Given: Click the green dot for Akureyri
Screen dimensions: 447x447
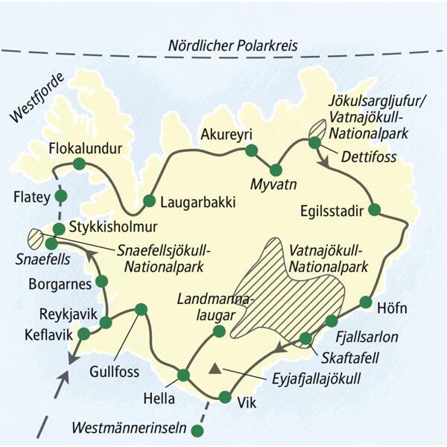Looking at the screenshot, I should pyautogui.click(x=251, y=150).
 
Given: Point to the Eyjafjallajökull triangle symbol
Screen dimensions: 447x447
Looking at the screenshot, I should pyautogui.click(x=215, y=369).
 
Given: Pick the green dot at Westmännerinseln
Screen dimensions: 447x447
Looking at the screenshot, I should pyautogui.click(x=197, y=430).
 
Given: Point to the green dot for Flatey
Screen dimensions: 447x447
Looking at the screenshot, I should pyautogui.click(x=61, y=197).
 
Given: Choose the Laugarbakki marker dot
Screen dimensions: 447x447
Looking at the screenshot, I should pyautogui.click(x=149, y=200).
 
